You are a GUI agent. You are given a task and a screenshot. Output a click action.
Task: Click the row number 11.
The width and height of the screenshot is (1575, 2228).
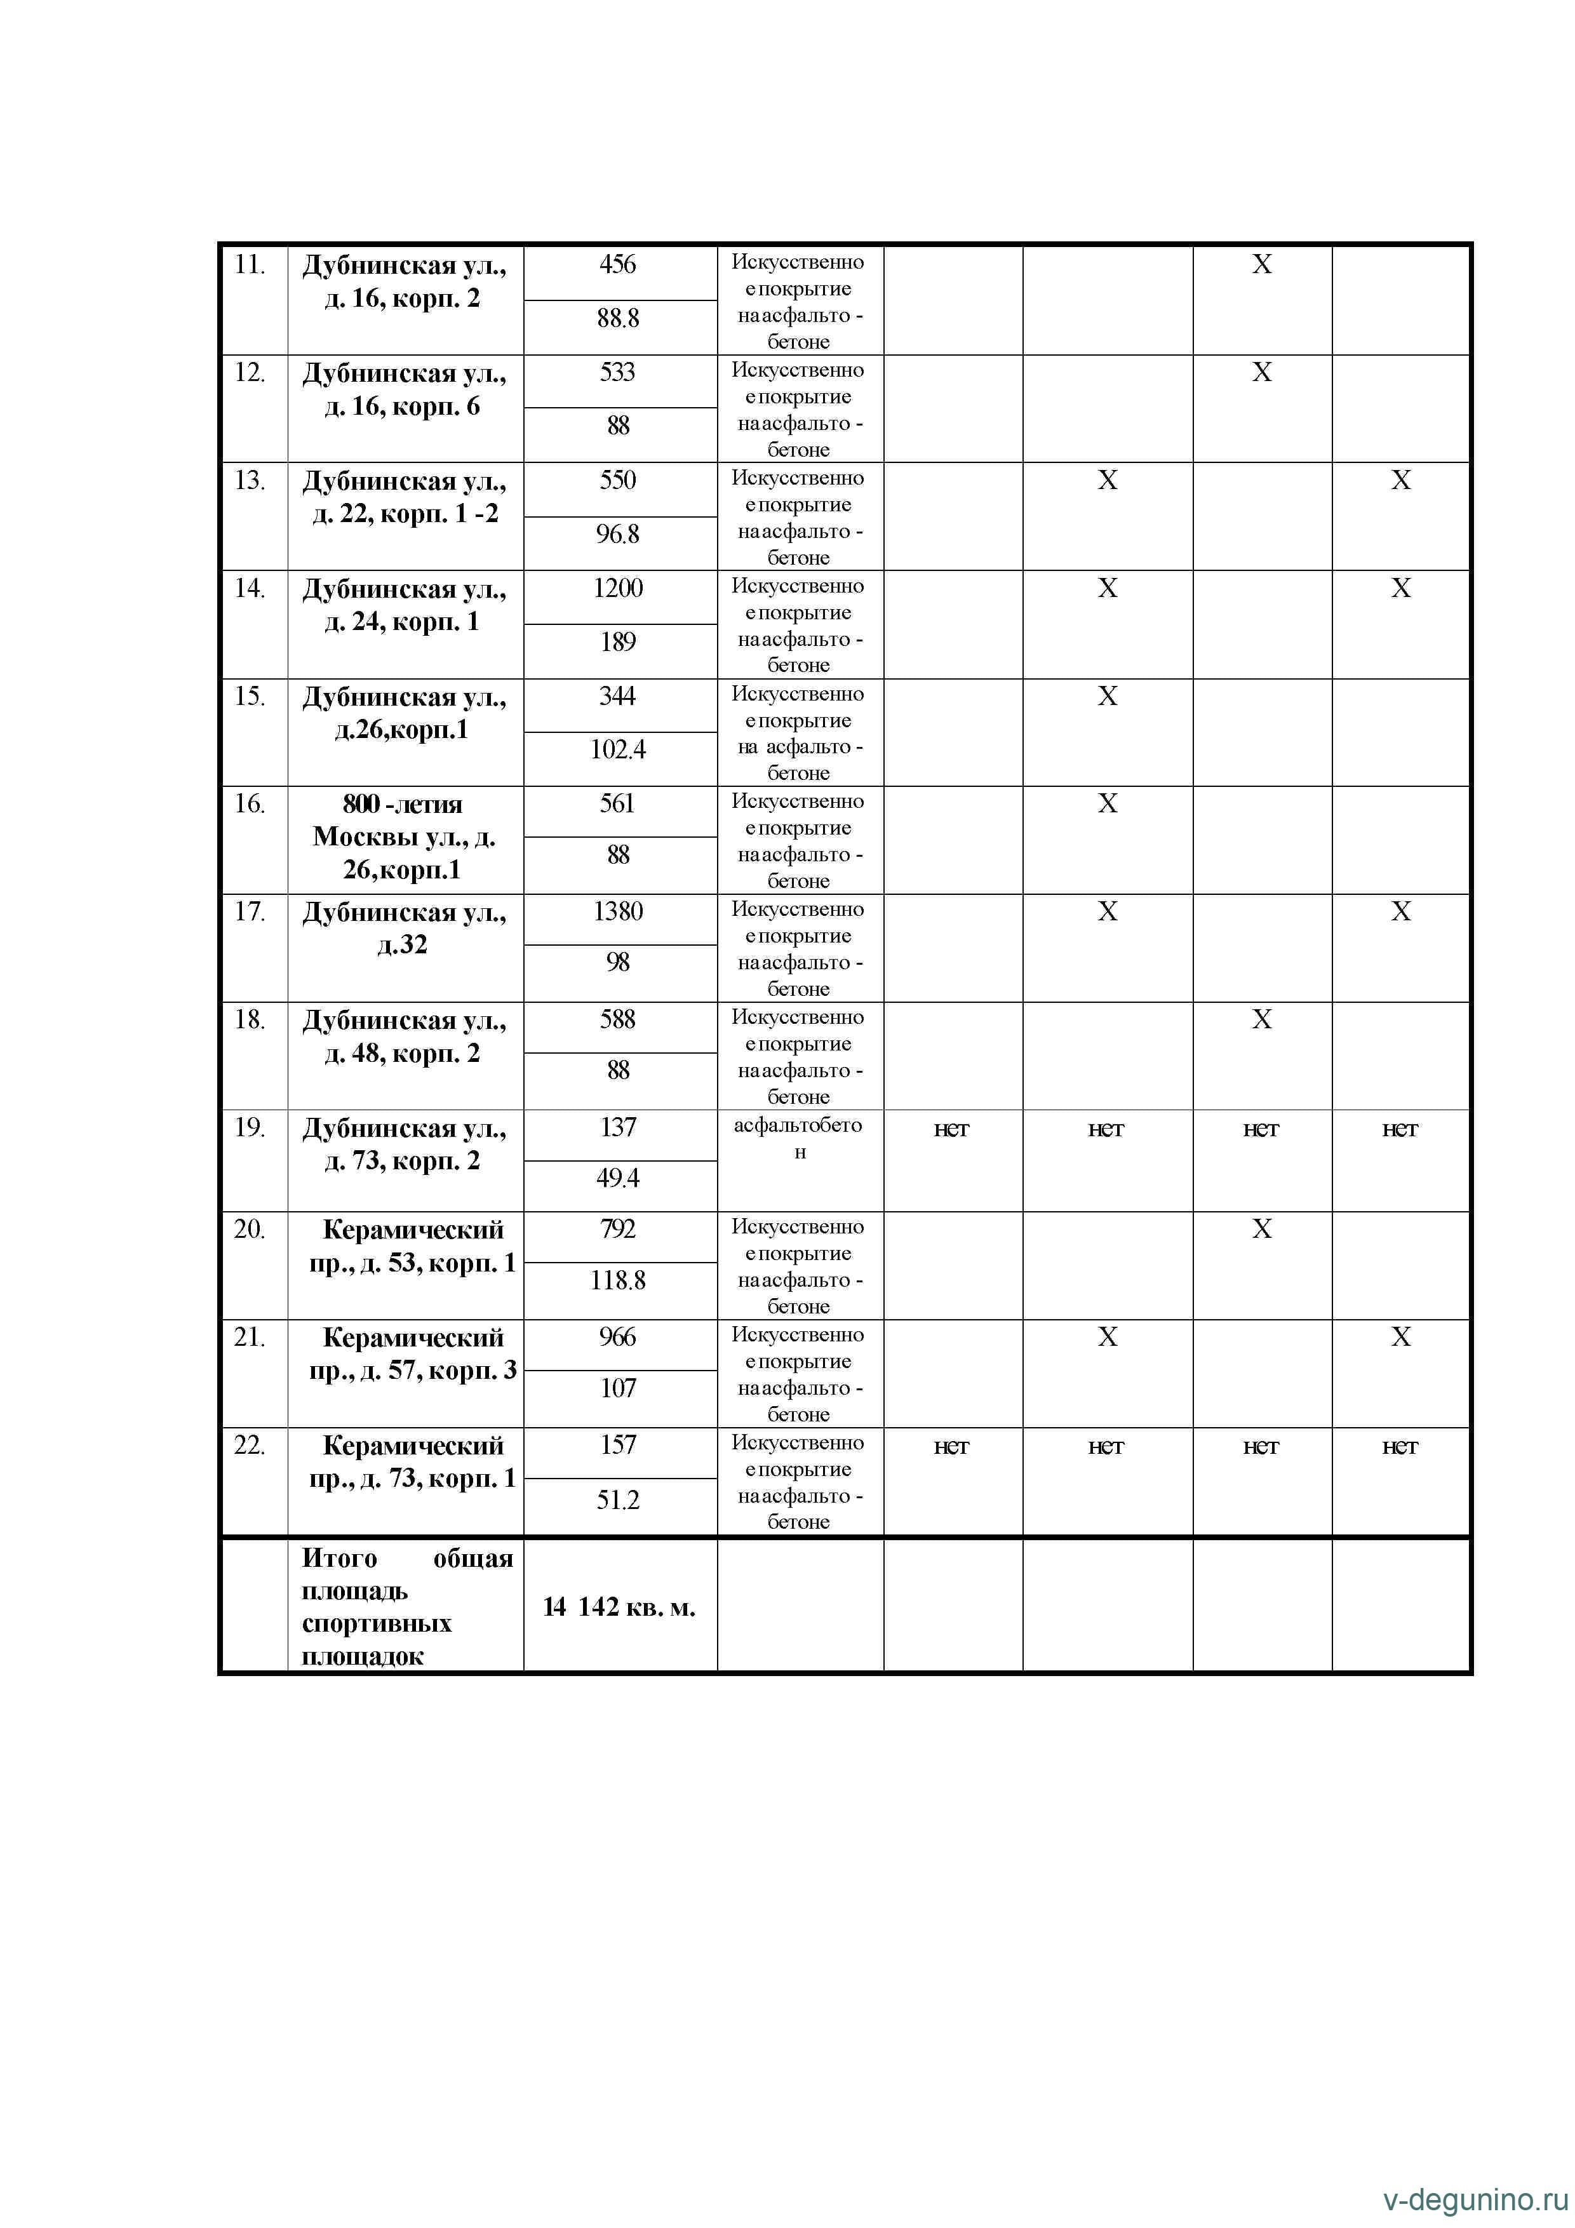click(250, 265)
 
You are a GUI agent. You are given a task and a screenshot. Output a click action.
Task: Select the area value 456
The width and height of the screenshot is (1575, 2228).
click(618, 265)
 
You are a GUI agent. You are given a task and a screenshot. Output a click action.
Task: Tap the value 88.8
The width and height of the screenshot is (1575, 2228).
click(618, 318)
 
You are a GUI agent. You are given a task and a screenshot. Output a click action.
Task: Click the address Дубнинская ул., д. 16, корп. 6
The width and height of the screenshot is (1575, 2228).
click(404, 390)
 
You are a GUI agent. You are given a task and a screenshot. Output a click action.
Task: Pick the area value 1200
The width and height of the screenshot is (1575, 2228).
click(618, 588)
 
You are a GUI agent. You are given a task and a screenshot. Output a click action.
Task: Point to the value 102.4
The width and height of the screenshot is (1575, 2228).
click(618, 749)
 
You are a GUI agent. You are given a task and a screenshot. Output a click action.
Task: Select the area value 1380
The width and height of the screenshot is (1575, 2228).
click(618, 912)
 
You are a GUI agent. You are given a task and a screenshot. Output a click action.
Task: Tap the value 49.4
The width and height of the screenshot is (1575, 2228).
click(618, 1178)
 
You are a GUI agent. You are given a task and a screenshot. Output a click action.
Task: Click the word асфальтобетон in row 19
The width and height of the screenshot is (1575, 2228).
click(799, 1138)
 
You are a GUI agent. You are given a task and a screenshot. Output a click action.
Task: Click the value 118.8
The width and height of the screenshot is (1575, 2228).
click(618, 1281)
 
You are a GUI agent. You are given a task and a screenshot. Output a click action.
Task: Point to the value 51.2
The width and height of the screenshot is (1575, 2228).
click(618, 1500)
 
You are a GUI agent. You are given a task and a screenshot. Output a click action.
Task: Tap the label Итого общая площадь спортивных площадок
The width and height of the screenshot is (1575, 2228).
click(406, 1607)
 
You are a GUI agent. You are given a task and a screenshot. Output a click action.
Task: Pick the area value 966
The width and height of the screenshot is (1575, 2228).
click(618, 1337)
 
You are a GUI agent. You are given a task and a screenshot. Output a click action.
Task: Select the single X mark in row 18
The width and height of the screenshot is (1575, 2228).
click(1261, 1019)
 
